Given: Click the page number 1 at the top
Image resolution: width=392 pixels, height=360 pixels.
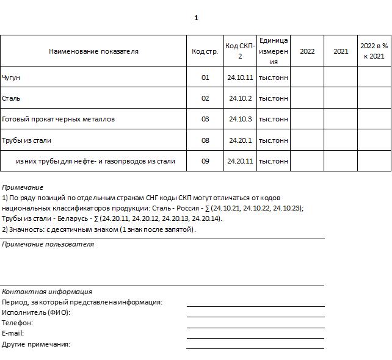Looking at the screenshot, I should [x=196, y=18].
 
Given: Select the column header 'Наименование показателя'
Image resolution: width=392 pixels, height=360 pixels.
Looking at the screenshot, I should [x=93, y=51].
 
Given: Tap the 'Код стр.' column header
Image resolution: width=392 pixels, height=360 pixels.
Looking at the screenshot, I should [x=205, y=51].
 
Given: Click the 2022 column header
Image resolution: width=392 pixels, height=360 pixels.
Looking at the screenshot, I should [x=307, y=51].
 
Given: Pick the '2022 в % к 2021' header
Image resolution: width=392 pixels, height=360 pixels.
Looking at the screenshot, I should [x=374, y=51].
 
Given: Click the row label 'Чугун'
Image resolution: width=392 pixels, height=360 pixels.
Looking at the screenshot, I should [x=12, y=77].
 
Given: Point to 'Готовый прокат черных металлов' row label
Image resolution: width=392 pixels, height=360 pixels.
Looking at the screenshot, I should [x=59, y=119].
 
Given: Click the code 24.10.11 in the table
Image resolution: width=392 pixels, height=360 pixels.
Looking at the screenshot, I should [x=239, y=77].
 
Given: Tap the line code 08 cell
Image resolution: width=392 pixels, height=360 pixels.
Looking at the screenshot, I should [x=205, y=140].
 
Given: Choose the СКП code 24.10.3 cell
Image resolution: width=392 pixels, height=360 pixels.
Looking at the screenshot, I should [x=240, y=119].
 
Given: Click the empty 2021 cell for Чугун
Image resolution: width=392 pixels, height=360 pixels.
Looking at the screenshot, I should [x=340, y=77].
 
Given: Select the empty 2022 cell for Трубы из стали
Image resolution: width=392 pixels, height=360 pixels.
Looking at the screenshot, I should [x=307, y=140].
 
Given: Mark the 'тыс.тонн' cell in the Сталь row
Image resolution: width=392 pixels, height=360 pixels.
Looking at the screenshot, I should [x=273, y=98].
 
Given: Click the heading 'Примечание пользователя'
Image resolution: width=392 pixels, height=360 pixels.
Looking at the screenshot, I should [x=48, y=244].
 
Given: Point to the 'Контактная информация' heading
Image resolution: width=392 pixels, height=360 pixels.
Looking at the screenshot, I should [x=47, y=292].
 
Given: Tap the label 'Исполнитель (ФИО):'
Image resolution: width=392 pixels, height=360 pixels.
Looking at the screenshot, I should [x=36, y=312].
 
